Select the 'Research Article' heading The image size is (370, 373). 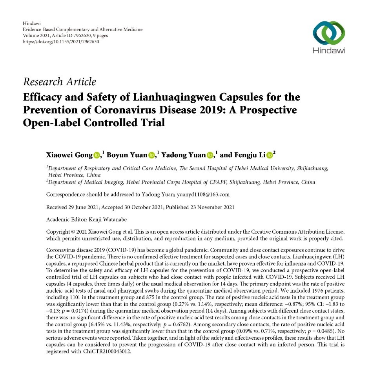point(60,82)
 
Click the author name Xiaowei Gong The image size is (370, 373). point(69,156)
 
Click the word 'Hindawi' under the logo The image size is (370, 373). point(329,50)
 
